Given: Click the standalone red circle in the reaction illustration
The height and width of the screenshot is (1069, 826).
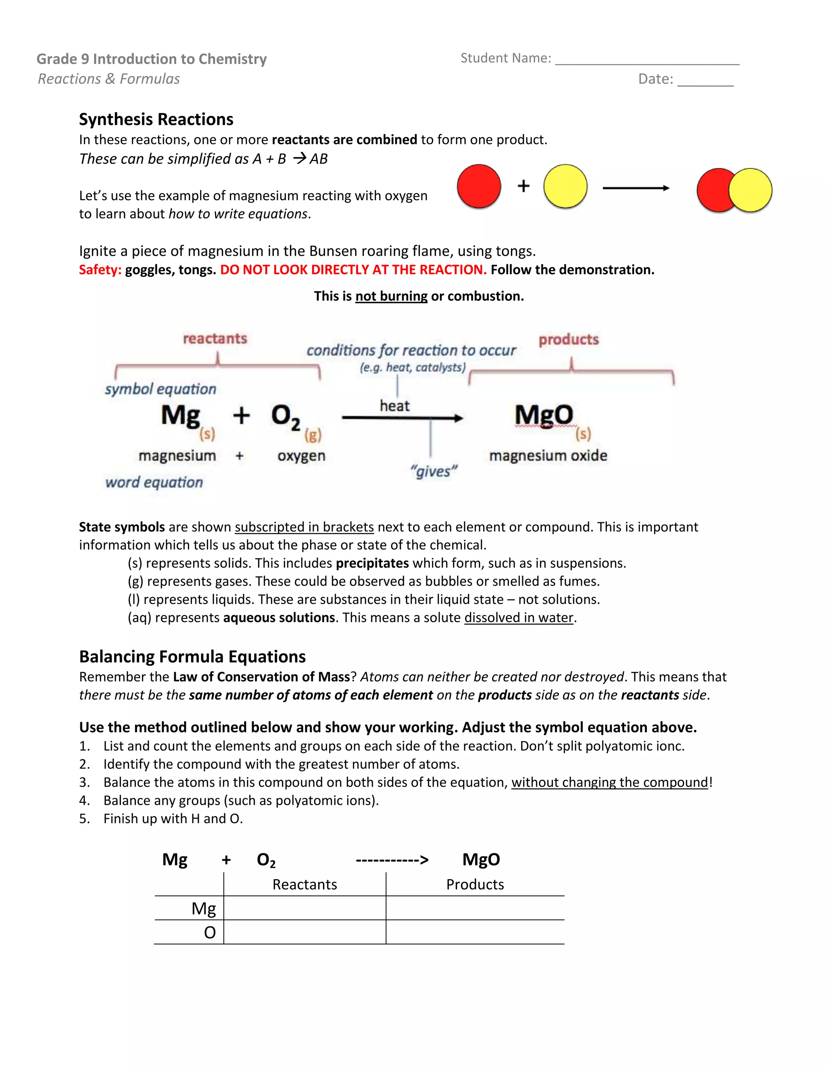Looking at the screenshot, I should tap(479, 186).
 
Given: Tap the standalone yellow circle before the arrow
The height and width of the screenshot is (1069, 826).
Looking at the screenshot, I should tap(565, 186).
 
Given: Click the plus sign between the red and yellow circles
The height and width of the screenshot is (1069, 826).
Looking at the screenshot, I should tap(523, 186).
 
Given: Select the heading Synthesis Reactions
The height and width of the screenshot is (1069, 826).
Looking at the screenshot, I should tap(156, 119).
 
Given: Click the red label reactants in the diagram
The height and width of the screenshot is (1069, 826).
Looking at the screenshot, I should tap(215, 339).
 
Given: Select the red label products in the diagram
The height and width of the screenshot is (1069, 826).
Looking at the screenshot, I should tap(569, 340).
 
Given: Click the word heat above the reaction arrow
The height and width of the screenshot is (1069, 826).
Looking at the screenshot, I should tap(394, 406).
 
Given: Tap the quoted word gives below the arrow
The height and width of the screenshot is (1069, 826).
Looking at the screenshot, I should tap(434, 471).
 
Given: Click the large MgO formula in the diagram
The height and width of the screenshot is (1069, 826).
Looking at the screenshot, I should tap(544, 415).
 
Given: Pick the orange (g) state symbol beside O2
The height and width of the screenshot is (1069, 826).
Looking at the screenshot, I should tap(313, 434).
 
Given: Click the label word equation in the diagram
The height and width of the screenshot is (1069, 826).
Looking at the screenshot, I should tap(154, 482).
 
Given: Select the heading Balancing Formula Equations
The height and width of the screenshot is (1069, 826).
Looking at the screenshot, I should tap(192, 656).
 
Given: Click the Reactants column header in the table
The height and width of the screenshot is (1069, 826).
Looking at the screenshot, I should tap(305, 885).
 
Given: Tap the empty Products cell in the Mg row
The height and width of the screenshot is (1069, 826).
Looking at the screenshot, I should tap(475, 908).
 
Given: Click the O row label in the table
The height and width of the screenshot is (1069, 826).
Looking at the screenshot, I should tap(209, 932).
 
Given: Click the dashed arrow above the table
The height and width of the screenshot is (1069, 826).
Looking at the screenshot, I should tap(392, 860).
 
